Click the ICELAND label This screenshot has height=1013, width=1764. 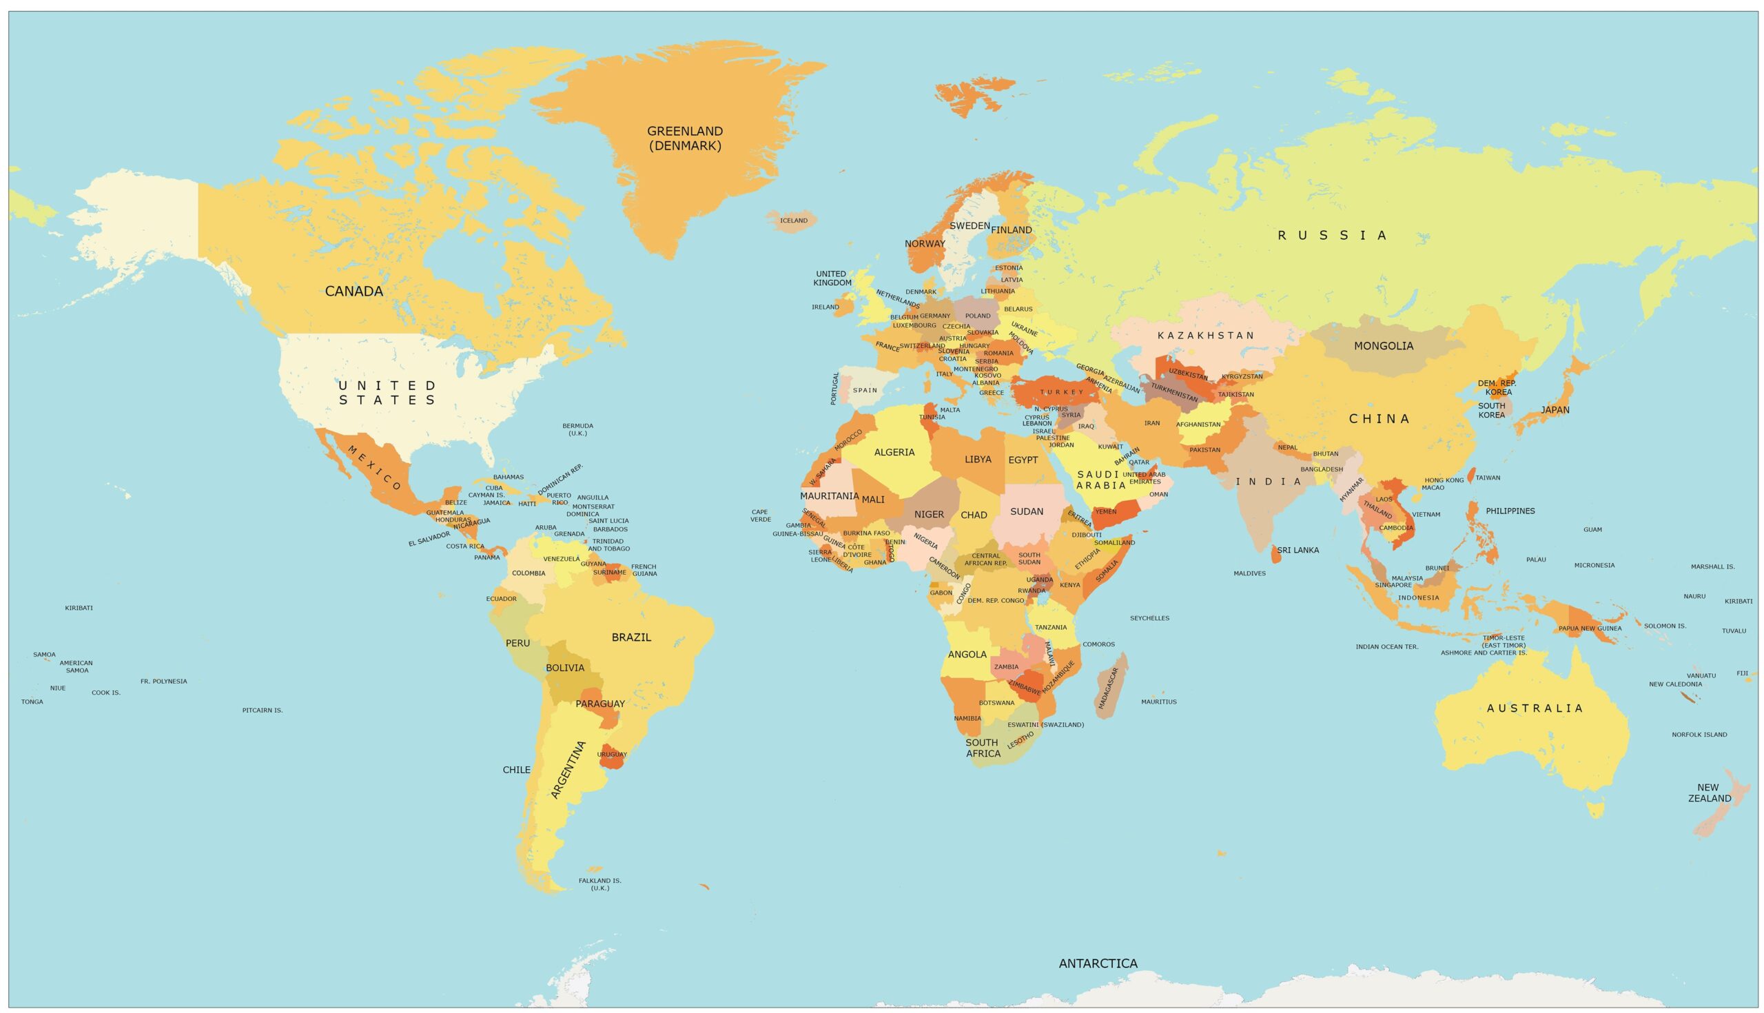click(x=794, y=221)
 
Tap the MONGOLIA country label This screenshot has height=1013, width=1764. click(x=1383, y=346)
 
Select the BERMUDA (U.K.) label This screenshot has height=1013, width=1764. click(x=577, y=429)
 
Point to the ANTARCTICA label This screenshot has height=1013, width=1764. click(x=1098, y=963)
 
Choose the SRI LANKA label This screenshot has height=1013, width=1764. click(x=1298, y=551)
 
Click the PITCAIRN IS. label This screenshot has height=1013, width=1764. click(x=263, y=710)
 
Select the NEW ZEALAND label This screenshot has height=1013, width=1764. click(x=1709, y=793)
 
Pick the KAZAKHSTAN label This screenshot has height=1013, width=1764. click(x=1205, y=336)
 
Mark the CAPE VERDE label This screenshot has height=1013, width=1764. click(x=760, y=515)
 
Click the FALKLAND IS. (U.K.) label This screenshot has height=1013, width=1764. click(x=599, y=884)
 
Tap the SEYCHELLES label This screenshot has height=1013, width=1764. click(x=1149, y=618)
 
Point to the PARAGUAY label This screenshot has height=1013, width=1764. click(x=599, y=704)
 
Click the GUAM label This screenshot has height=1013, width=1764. click(x=1592, y=529)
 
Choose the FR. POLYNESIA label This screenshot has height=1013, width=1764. click(x=163, y=681)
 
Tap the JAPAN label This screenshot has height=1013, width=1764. click(x=1555, y=410)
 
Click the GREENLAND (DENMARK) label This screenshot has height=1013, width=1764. click(x=684, y=139)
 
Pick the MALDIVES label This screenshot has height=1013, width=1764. click(x=1249, y=573)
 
